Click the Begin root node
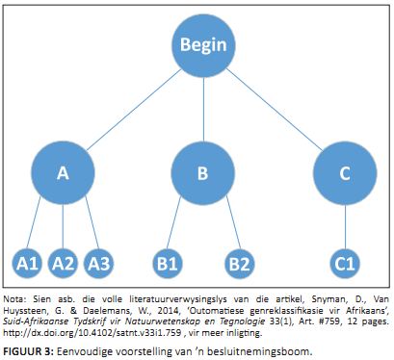point(203,45)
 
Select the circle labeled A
point(63,173)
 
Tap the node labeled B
point(203,173)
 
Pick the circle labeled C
point(345,173)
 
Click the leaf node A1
point(27,264)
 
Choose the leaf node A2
point(63,264)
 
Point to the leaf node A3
point(99,264)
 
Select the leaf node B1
point(168,264)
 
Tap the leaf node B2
point(240,264)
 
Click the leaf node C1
point(345,264)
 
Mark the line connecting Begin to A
point(134,110)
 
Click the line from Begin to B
point(203,110)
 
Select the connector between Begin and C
point(275,110)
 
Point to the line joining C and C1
point(345,227)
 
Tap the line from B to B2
point(233,222)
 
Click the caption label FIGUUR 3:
point(28,351)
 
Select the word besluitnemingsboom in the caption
point(259,351)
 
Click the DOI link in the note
point(92,333)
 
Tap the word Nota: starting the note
point(14,299)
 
